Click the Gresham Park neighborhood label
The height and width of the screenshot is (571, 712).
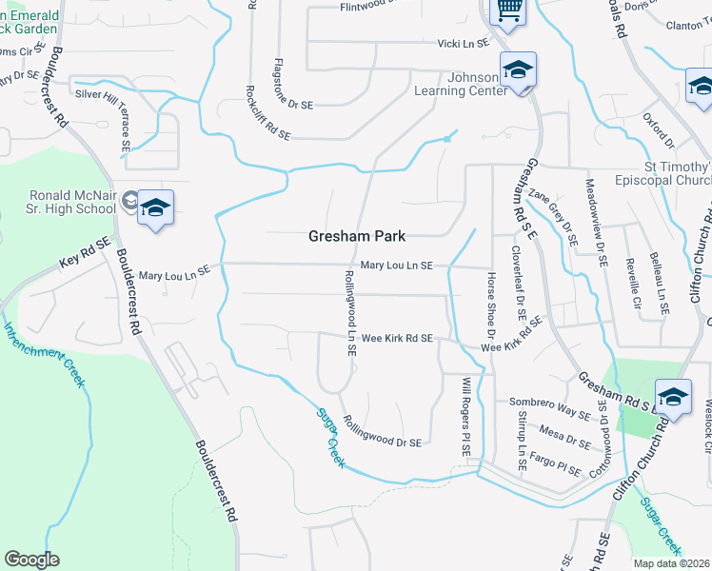357,237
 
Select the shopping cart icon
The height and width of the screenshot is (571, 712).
508,10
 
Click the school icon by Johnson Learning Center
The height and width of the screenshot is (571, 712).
518,71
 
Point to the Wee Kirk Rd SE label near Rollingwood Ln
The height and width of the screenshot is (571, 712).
397,338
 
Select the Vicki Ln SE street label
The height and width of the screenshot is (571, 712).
463,43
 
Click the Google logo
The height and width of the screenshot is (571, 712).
31,560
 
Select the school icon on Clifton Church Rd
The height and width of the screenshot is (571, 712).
672,397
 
